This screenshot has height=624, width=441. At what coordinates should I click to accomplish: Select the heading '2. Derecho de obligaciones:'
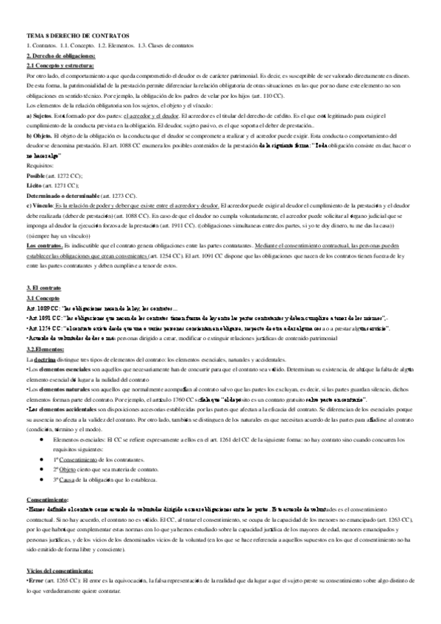click(x=60, y=56)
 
